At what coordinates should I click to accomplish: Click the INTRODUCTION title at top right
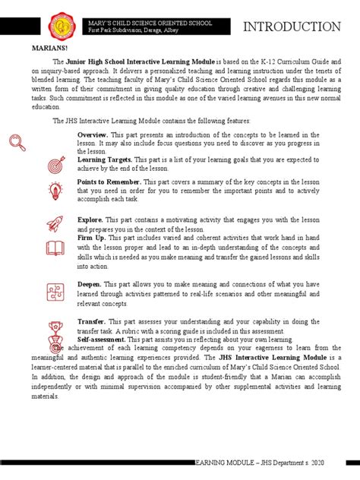tap(292, 27)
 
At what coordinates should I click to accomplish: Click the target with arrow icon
tap(56, 164)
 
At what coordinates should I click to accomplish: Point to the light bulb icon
tap(56, 191)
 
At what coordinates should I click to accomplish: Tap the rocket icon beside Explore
tap(56, 224)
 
